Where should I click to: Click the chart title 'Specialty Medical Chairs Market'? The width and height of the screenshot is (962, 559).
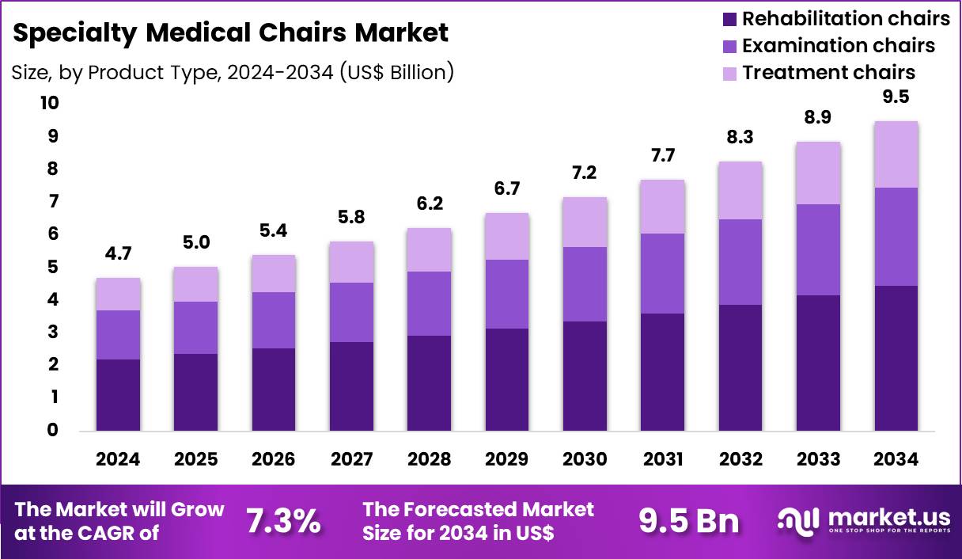[x=231, y=32]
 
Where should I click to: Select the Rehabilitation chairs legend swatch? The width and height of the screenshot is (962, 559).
[x=729, y=18]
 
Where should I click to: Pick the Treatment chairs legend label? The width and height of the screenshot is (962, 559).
[x=828, y=73]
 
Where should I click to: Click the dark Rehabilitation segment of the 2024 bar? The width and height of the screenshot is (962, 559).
[x=118, y=394]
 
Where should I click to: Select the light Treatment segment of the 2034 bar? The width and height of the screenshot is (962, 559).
[x=896, y=154]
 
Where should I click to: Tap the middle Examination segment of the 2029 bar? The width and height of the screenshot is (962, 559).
[x=507, y=294]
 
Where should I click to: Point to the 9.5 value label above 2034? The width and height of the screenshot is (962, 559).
[x=896, y=97]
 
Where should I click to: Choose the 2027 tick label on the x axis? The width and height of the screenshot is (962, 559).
[x=351, y=459]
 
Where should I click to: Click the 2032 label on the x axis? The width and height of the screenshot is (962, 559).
[x=740, y=459]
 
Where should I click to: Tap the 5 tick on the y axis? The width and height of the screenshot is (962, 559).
[x=52, y=267]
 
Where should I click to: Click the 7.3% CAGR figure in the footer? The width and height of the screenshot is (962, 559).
[x=282, y=521]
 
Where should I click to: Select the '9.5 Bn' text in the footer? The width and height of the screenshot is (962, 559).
[x=688, y=521]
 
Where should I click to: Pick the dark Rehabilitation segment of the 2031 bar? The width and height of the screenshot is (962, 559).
[x=662, y=371]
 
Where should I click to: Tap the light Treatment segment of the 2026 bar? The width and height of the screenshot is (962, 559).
[x=274, y=273]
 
